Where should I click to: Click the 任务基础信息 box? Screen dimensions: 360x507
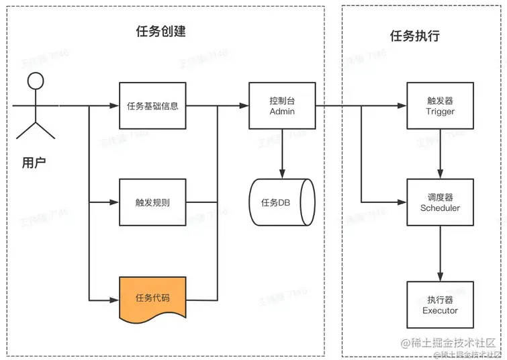[152, 105]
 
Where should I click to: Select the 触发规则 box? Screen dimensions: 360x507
[152, 201]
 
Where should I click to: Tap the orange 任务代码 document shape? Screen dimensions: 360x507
[152, 298]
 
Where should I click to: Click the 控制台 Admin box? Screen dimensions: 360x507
[282, 105]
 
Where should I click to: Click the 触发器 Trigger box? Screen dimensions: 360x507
[441, 105]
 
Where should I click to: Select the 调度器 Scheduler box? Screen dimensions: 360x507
[441, 202]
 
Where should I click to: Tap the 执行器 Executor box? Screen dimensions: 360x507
[441, 305]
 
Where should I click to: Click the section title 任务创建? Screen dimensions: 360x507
[160, 32]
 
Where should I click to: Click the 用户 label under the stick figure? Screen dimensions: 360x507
[34, 163]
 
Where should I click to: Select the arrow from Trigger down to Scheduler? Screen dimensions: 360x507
[441, 153]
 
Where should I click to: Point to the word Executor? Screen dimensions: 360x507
[441, 310]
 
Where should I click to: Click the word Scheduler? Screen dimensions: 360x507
[441, 208]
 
